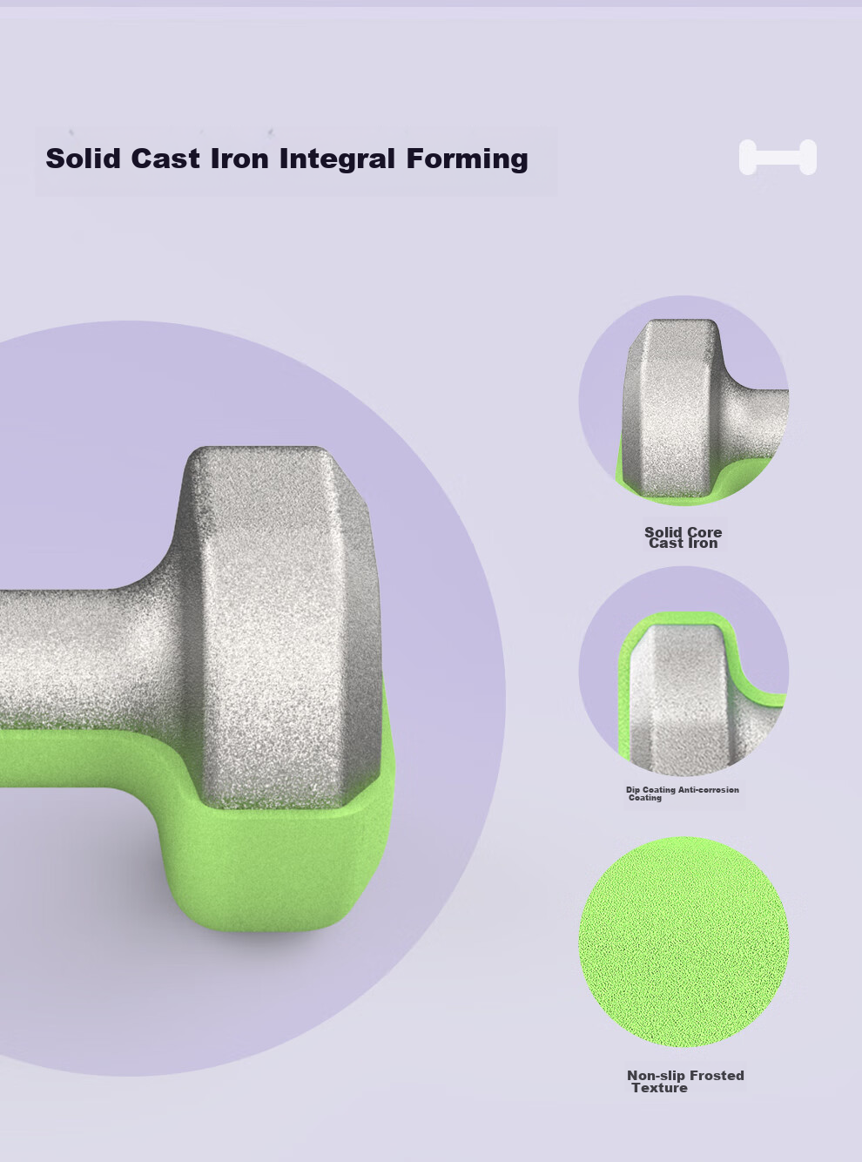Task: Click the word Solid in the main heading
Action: [84, 159]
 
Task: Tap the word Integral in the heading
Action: [337, 159]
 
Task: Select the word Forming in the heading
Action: [468, 159]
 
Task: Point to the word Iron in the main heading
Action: [239, 159]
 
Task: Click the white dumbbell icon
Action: [778, 157]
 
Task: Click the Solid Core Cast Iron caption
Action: [683, 537]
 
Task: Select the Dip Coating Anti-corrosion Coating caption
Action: [683, 794]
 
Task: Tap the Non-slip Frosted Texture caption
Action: [685, 1081]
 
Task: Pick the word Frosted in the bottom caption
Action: [717, 1076]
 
